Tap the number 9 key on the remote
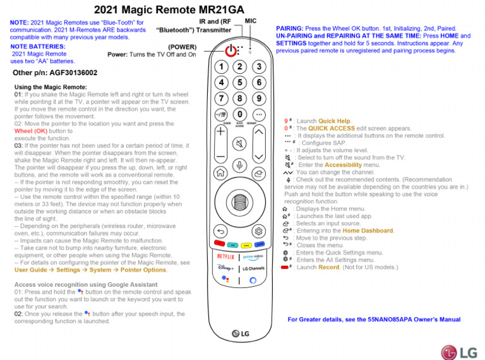point(259,98)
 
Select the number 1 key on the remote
point(220,66)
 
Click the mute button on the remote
point(239,143)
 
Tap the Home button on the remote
point(219,172)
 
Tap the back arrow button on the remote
point(220,231)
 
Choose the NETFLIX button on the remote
point(225,257)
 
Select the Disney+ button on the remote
point(225,268)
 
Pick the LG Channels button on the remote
point(253,268)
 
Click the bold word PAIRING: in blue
point(290,29)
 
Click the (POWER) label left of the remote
point(182,47)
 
